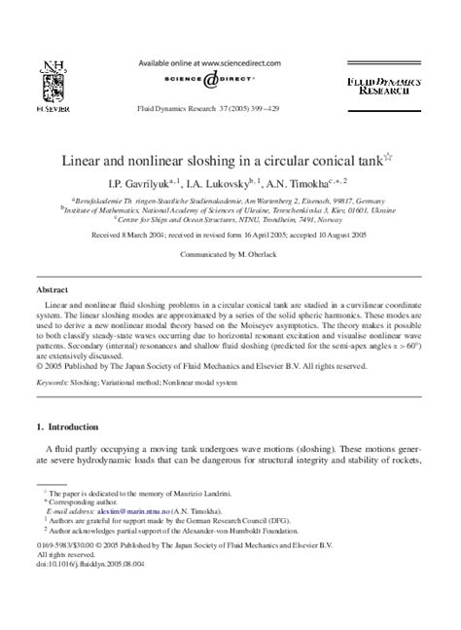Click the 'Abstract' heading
(52, 290)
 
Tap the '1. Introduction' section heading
(74, 454)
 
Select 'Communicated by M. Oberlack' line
(230, 251)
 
